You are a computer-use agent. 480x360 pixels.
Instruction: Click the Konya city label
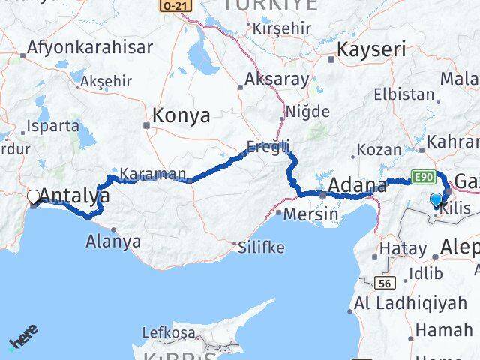181,116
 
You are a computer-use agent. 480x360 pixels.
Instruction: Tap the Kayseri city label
371,50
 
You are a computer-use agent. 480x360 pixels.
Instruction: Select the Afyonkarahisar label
89,47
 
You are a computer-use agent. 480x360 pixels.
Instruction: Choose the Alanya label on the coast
113,241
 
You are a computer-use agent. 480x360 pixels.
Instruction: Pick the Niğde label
307,112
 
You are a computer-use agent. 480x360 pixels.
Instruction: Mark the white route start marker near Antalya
33,197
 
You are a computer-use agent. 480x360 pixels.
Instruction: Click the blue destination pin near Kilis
436,199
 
